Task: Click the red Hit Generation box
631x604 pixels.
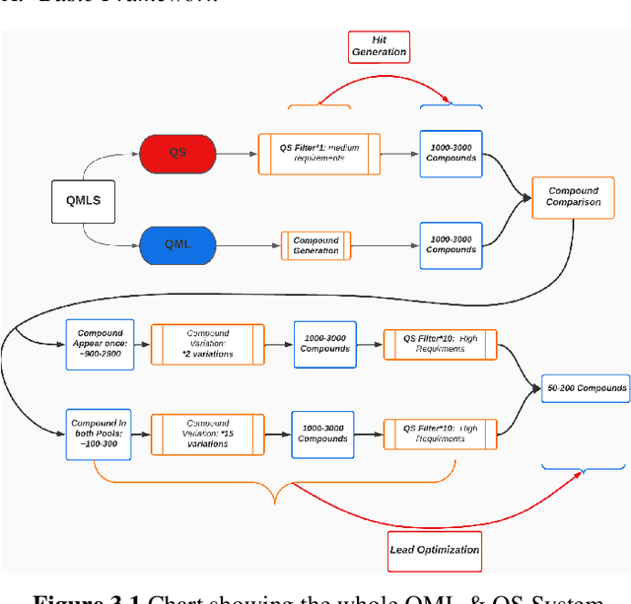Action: point(379,44)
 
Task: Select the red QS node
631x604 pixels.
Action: point(177,153)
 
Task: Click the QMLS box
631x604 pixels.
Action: point(83,201)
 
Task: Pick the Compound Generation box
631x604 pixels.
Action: point(315,244)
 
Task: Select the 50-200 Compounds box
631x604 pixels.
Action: point(586,388)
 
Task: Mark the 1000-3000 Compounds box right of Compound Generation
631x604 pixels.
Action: point(451,243)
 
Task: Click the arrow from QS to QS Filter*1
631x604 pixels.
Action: point(235,154)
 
